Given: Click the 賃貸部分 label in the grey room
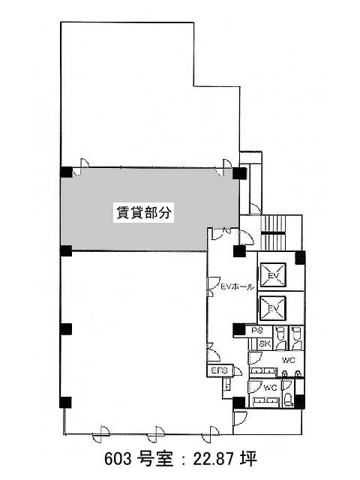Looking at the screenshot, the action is [x=143, y=212].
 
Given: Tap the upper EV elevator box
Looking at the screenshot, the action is [x=273, y=274].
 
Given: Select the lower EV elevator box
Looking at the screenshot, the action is [x=273, y=308].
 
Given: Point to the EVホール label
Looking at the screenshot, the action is [x=238, y=287].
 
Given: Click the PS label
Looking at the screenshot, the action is [x=258, y=331].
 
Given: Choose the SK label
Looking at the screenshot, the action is [x=265, y=343].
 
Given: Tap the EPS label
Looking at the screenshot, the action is [x=220, y=370].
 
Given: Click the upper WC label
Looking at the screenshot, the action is [x=288, y=360].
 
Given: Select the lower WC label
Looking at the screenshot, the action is [x=270, y=388].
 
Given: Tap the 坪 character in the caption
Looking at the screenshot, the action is [x=249, y=459].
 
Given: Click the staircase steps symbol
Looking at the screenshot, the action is [x=273, y=232].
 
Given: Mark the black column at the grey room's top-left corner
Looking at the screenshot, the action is [x=66, y=172].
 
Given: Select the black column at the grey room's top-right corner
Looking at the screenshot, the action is [x=239, y=173].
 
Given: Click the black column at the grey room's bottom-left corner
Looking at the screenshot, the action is [x=66, y=250].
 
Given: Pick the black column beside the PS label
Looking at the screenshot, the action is [x=239, y=329].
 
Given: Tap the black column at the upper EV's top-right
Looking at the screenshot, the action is [x=300, y=257].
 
